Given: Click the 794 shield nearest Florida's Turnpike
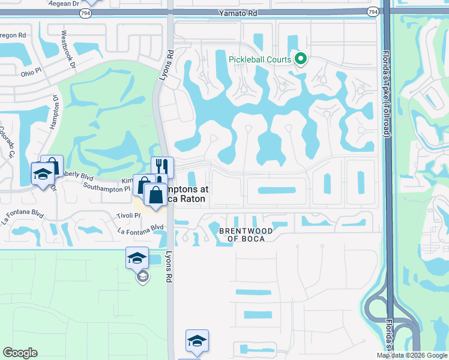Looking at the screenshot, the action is click(x=372, y=11).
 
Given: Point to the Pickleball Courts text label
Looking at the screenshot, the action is click(x=259, y=59).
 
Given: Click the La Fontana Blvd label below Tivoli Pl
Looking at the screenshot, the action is click(x=140, y=227).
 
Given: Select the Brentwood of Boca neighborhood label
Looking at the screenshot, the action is click(x=246, y=234).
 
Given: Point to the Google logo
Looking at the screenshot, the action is click(x=20, y=353).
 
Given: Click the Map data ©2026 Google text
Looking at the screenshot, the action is click(x=411, y=355).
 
